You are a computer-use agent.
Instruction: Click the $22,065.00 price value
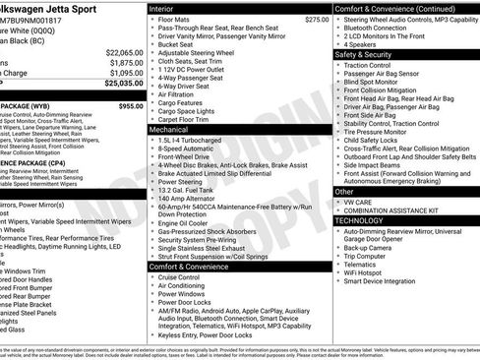tap(124, 51)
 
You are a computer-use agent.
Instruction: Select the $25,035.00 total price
tap(124, 83)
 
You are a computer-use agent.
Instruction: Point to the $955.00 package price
tap(130, 105)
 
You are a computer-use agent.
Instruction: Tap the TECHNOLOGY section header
tap(358, 220)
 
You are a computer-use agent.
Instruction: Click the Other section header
tap(344, 191)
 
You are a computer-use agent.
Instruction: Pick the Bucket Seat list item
tap(176, 44)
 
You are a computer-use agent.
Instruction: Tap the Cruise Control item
tap(184, 276)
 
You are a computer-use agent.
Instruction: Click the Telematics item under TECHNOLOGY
tap(364, 265)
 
